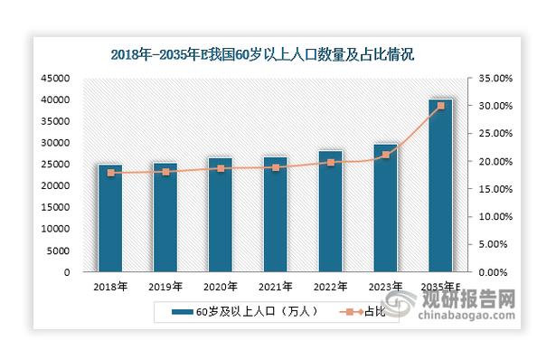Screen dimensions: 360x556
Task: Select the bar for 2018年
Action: [x=110, y=218]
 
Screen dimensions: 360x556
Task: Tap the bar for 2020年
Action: [x=220, y=215]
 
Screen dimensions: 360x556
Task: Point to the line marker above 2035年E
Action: [x=440, y=106]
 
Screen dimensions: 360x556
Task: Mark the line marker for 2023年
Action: [x=385, y=156]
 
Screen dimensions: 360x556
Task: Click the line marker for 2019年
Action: [x=165, y=172]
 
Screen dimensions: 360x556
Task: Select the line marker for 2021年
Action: [x=275, y=167]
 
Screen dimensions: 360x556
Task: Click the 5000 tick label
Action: [x=61, y=251]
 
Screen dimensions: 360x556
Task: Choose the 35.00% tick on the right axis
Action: [x=495, y=79]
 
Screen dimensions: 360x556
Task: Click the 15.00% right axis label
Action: [x=495, y=189]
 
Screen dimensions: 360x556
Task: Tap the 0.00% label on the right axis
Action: [x=498, y=272]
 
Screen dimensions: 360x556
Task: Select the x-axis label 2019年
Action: [x=165, y=286]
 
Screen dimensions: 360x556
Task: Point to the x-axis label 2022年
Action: [x=330, y=286]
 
